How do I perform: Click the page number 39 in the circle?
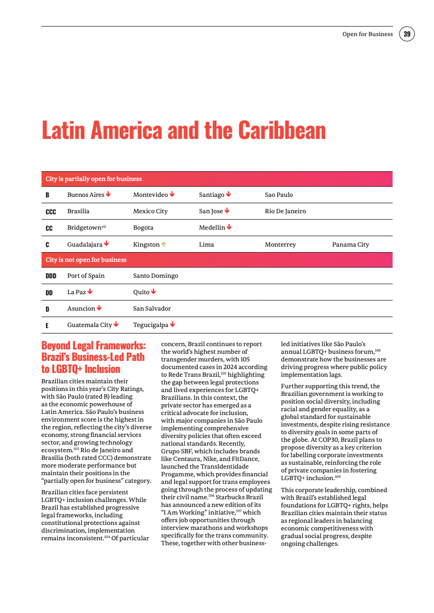pyautogui.click(x=407, y=34)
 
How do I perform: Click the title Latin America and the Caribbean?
pyautogui.click(x=183, y=131)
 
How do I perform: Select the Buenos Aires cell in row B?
pyautogui.click(x=85, y=195)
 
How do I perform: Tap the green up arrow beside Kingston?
pyautogui.click(x=164, y=244)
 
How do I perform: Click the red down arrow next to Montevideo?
pyautogui.click(x=172, y=194)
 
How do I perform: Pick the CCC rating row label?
pyautogui.click(x=50, y=211)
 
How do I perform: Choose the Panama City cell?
pyautogui.click(x=350, y=244)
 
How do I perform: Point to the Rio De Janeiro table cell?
pyautogui.click(x=285, y=211)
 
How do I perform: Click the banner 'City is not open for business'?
pyautogui.click(x=86, y=260)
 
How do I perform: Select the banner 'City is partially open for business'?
pyautogui.click(x=94, y=179)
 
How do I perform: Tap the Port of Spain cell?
pyautogui.click(x=85, y=276)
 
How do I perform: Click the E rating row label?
pyautogui.click(x=47, y=325)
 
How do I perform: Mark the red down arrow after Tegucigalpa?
pyautogui.click(x=172, y=324)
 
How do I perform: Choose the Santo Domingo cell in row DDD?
pyautogui.click(x=155, y=276)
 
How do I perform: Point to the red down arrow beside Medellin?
pyautogui.click(x=229, y=227)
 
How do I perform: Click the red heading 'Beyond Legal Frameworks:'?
pyautogui.click(x=94, y=346)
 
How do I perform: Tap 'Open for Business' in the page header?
pyautogui.click(x=367, y=34)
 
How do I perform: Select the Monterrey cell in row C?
pyautogui.click(x=280, y=244)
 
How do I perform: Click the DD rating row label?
pyautogui.click(x=49, y=293)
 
